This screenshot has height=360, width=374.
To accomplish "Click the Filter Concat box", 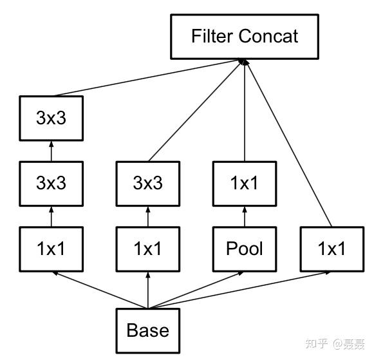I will pyautogui.click(x=245, y=36).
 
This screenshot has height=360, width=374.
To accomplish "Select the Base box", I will pyautogui.click(x=148, y=330).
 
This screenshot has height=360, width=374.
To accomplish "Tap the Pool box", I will pyautogui.click(x=245, y=249).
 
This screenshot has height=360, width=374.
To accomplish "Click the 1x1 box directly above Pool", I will pyautogui.click(x=245, y=183).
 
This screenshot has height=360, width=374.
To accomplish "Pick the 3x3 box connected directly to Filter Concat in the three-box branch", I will pyautogui.click(x=51, y=118).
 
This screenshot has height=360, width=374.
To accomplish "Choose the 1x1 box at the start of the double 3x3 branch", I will pyautogui.click(x=51, y=249).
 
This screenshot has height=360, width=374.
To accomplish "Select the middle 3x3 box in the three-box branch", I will pyautogui.click(x=51, y=183).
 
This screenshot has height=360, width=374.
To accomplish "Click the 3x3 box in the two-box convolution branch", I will pyautogui.click(x=148, y=183).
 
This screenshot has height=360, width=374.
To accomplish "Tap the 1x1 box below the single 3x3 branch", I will pyautogui.click(x=148, y=249).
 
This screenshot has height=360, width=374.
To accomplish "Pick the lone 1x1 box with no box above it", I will pyautogui.click(x=332, y=249).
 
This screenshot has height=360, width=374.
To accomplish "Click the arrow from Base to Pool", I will pyautogui.click(x=196, y=290).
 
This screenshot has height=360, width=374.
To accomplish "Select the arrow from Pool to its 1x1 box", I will pyautogui.click(x=245, y=216).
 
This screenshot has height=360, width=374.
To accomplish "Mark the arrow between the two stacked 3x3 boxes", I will pyautogui.click(x=51, y=151).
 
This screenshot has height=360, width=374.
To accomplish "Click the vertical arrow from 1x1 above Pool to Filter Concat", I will pyautogui.click(x=245, y=109).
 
